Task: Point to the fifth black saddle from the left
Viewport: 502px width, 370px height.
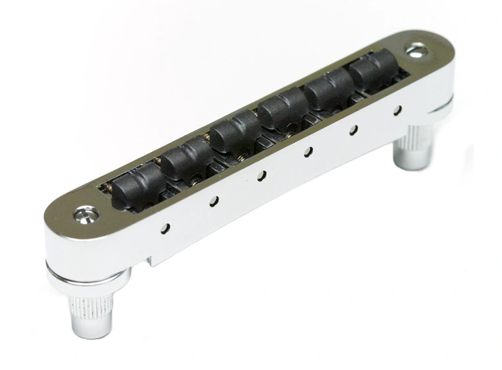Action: pyautogui.click(x=328, y=88)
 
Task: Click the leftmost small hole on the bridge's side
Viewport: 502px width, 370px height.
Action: pyautogui.click(x=165, y=228)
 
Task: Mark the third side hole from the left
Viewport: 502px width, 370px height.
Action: pyautogui.click(x=262, y=175)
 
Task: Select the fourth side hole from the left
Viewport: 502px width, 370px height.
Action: pyautogui.click(x=308, y=151)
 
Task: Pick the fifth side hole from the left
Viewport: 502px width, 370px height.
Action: pyautogui.click(x=353, y=129)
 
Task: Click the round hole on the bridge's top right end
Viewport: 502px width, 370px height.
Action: pyautogui.click(x=418, y=48)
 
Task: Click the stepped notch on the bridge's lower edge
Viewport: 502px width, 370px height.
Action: pyautogui.click(x=153, y=261)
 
